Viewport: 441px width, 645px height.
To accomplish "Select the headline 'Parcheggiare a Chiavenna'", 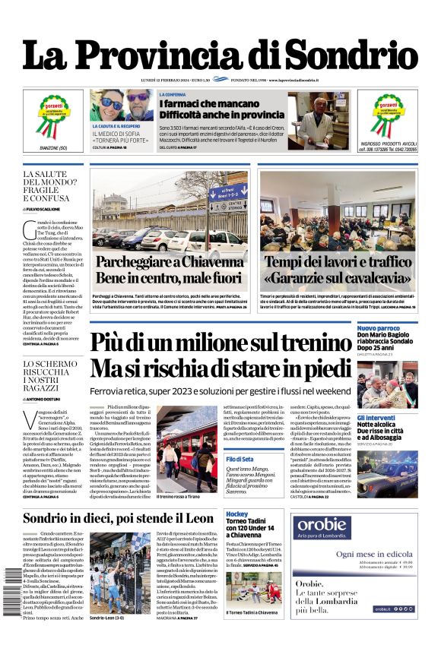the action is click(x=170, y=263).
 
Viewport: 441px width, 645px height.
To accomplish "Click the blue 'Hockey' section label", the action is click(x=236, y=514).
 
